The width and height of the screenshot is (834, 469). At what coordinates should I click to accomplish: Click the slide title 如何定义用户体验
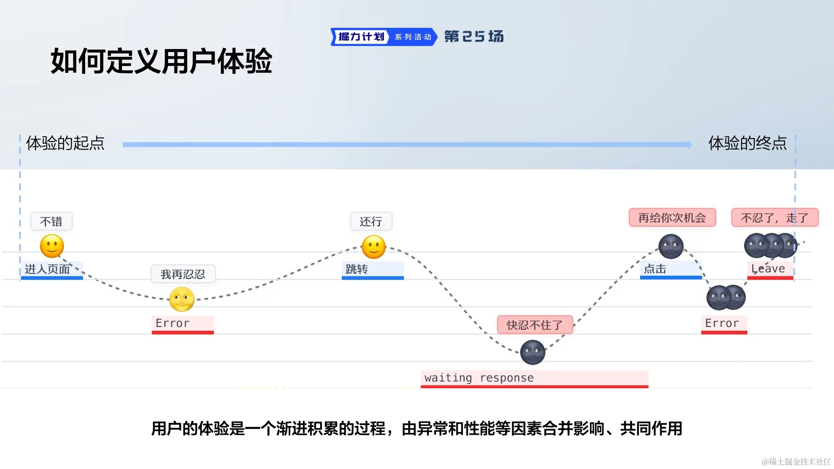tap(161, 61)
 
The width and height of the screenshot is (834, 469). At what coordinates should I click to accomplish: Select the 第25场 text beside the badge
tap(474, 36)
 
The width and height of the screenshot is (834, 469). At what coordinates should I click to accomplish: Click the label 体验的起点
tap(65, 143)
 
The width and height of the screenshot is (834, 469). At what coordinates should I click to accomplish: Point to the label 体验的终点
tap(747, 143)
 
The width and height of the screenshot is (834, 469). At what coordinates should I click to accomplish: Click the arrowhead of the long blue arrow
tap(689, 145)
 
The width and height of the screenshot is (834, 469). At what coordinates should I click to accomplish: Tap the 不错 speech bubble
tap(51, 221)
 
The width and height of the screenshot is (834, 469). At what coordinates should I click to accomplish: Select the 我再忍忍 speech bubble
tap(183, 274)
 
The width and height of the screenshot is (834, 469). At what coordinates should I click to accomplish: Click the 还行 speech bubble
tap(371, 221)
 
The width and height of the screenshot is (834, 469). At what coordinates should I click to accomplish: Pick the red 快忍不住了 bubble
tap(535, 325)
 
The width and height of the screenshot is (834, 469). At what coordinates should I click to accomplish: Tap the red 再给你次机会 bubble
tap(672, 218)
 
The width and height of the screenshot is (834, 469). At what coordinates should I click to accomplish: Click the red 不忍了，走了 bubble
tap(774, 218)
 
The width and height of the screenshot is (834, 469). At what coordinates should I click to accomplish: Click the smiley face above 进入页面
tap(52, 246)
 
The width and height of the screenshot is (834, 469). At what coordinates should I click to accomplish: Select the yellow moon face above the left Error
tap(182, 300)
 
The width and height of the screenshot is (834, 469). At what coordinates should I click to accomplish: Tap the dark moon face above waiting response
tap(533, 352)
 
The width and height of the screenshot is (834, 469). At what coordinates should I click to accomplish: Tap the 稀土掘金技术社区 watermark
tap(796, 462)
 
